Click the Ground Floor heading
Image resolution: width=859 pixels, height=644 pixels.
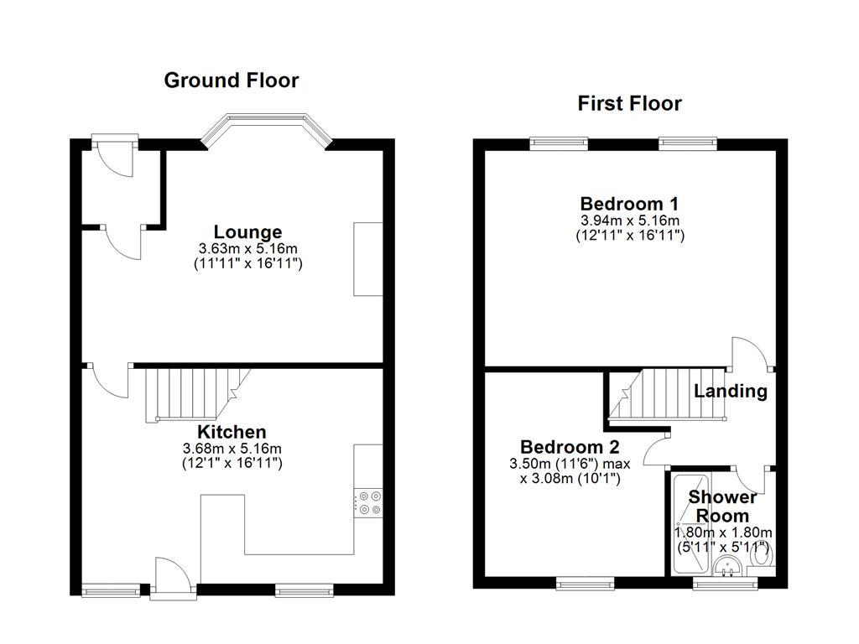[231, 80]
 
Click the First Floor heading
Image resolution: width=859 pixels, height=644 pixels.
[629, 103]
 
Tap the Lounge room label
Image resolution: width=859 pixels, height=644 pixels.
[247, 231]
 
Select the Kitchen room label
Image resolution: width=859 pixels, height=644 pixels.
[232, 432]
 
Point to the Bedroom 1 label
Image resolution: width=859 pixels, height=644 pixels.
[629, 204]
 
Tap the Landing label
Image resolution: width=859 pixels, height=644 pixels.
[730, 391]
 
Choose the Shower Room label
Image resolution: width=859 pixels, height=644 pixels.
[723, 506]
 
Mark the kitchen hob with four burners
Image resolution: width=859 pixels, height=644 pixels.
[369, 501]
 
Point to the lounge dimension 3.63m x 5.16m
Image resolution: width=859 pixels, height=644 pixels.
[247, 249]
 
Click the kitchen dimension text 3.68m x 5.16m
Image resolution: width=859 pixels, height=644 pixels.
[232, 449]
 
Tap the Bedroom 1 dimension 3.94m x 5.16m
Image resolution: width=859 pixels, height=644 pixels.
[629, 221]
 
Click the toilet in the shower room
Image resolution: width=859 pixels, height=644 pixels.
[762, 555]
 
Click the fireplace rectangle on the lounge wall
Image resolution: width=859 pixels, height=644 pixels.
[367, 259]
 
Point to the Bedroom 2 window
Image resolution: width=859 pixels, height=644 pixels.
[586, 582]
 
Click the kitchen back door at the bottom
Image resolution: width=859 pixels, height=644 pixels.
[172, 579]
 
